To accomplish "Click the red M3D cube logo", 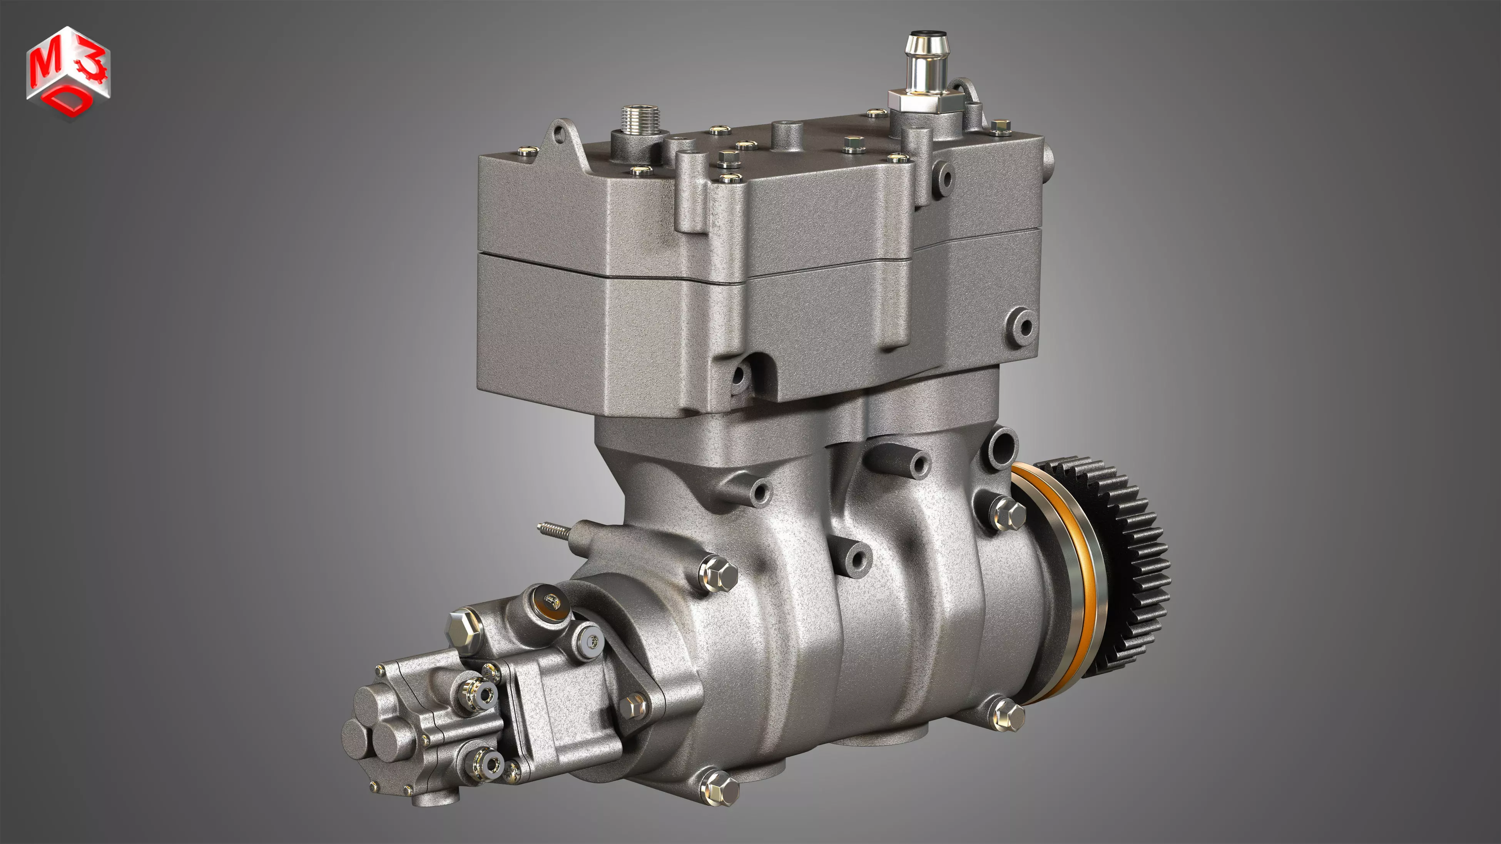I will coord(68,73).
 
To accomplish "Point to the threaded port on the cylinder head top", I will coord(639,122).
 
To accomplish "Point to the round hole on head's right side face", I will coord(1022,325).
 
